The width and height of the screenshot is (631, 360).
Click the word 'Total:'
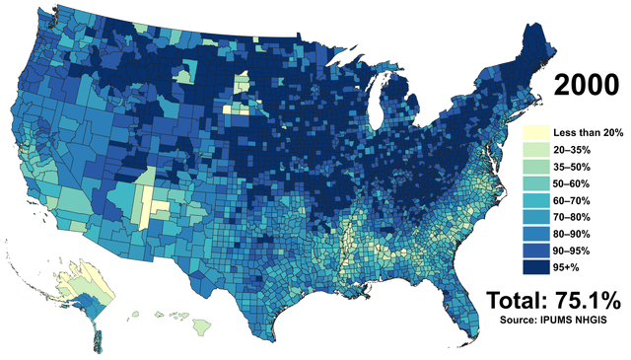click(518, 300)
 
